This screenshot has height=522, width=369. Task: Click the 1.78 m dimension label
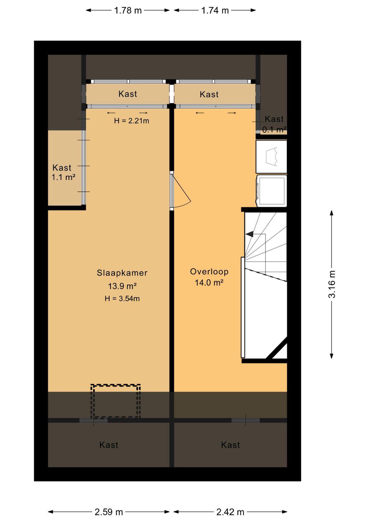128,11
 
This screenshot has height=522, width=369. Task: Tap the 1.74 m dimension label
215,11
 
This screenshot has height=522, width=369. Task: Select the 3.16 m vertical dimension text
332,284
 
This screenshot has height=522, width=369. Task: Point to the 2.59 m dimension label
109,512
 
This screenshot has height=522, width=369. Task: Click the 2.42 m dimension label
230,512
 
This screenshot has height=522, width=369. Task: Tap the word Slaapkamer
122,273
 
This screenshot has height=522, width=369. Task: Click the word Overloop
209,272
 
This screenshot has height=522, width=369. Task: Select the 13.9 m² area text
122,286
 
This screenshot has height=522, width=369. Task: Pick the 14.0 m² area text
209,283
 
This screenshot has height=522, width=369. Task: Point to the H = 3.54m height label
122,299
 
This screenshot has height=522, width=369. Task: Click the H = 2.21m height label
132,121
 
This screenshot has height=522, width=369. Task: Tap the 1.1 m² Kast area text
63,177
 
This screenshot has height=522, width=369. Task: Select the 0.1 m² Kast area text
274,129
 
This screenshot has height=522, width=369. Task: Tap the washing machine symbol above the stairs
271,191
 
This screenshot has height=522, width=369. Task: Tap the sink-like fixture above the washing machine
271,156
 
